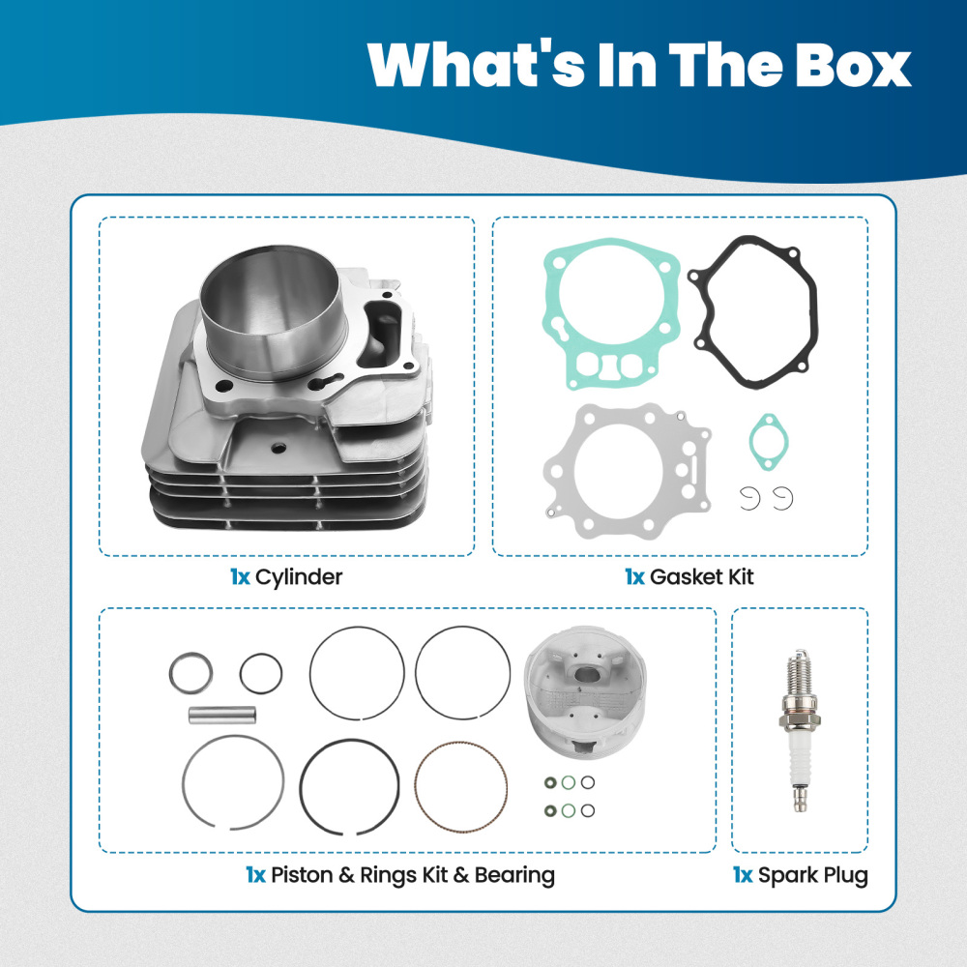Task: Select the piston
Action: (576, 701)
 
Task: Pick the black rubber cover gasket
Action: (753, 312)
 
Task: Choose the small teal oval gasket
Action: (769, 442)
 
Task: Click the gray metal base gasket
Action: (624, 474)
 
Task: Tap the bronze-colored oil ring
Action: (460, 786)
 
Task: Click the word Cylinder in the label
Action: (299, 578)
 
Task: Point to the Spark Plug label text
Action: (812, 876)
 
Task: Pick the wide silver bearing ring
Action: (190, 673)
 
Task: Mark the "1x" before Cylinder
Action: (240, 578)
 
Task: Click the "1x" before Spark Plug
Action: (742, 876)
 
